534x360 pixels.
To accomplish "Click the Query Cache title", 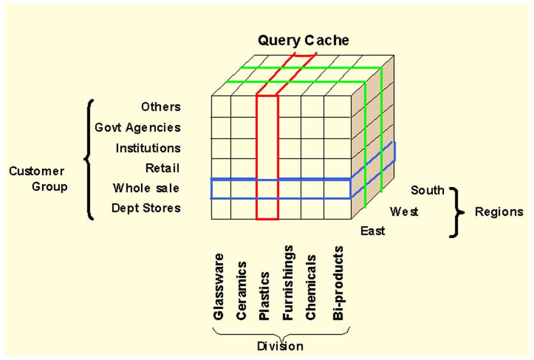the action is [x=303, y=40].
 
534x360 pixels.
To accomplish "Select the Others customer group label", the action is [x=161, y=107].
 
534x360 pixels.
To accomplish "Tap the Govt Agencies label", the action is [x=137, y=128].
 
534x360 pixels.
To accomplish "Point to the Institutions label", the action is [x=148, y=148].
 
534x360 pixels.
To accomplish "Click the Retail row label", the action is [x=162, y=168].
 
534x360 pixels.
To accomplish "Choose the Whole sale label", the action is [x=146, y=188].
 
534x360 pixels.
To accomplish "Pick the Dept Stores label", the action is [x=146, y=208].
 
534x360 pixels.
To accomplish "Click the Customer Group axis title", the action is [x=38, y=179].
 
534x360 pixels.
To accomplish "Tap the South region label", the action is [x=427, y=190].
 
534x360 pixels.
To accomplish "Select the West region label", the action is [x=404, y=212].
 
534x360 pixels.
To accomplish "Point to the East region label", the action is [x=372, y=230].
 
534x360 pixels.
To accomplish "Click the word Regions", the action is [x=499, y=212].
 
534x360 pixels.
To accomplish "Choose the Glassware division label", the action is [x=218, y=287].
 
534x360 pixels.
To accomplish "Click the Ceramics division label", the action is [x=241, y=290].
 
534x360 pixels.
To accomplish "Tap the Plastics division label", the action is [x=264, y=296].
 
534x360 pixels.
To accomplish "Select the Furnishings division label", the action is [x=288, y=283].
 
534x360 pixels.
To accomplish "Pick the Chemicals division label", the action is [x=310, y=287].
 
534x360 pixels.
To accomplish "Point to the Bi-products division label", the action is [x=338, y=283].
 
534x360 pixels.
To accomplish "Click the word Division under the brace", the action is [x=280, y=346].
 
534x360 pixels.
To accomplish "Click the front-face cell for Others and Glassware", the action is [x=222, y=107].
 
